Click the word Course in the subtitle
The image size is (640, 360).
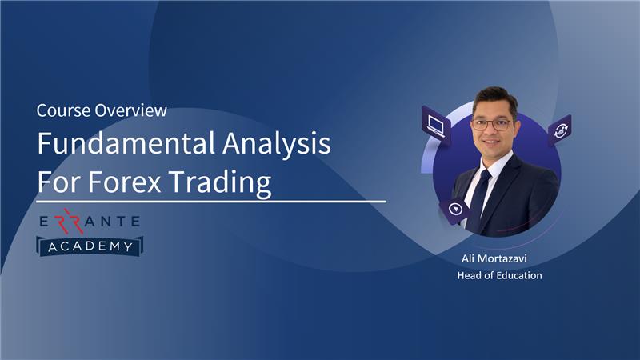[63, 110]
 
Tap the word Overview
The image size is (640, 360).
[130, 110]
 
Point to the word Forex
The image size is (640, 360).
[125, 182]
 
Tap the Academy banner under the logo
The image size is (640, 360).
[90, 246]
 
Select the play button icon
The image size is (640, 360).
[454, 210]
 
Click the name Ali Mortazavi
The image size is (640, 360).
[494, 258]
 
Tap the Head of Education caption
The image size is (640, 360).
[499, 275]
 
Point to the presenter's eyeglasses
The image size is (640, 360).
[492, 124]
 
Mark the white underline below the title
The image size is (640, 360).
[211, 202]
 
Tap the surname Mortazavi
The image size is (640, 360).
[502, 258]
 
